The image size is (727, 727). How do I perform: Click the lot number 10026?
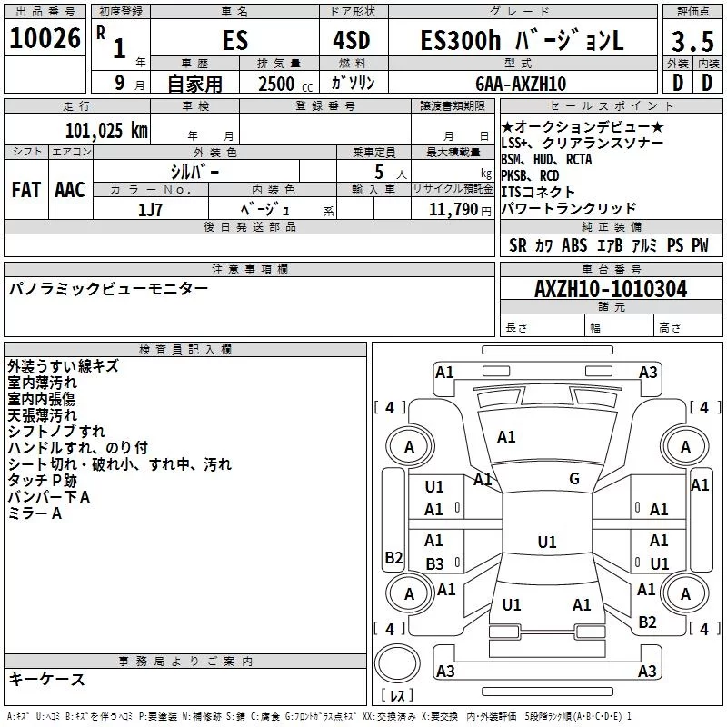pyautogui.click(x=45, y=38)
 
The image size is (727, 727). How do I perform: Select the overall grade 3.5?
pyautogui.click(x=692, y=41)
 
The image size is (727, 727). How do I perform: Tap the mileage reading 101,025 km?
pyautogui.click(x=106, y=131)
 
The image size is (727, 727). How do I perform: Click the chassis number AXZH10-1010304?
pyautogui.click(x=611, y=289)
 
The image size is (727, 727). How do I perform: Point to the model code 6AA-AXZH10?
pyautogui.click(x=521, y=84)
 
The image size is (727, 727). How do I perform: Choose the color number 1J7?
pyautogui.click(x=150, y=210)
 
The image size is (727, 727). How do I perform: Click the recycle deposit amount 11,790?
pyautogui.click(x=453, y=210)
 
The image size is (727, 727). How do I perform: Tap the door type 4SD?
pyautogui.click(x=352, y=40)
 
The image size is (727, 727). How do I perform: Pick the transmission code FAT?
pyautogui.click(x=26, y=190)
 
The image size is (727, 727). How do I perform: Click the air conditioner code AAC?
pyautogui.click(x=70, y=190)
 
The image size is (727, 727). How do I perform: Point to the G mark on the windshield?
pyautogui.click(x=574, y=479)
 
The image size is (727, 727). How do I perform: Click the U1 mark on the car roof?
pyautogui.click(x=547, y=542)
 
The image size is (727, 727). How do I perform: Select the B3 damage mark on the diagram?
pyautogui.click(x=434, y=563)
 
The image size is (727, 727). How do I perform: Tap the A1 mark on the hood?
pyautogui.click(x=506, y=437)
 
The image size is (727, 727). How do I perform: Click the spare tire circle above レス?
pyautogui.click(x=397, y=663)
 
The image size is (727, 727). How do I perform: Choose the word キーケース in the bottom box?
pyautogui.click(x=47, y=679)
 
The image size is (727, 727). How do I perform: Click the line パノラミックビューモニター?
pyautogui.click(x=108, y=288)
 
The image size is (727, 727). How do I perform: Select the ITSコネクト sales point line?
pyautogui.click(x=538, y=192)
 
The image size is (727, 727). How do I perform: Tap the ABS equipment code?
pyautogui.click(x=574, y=245)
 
